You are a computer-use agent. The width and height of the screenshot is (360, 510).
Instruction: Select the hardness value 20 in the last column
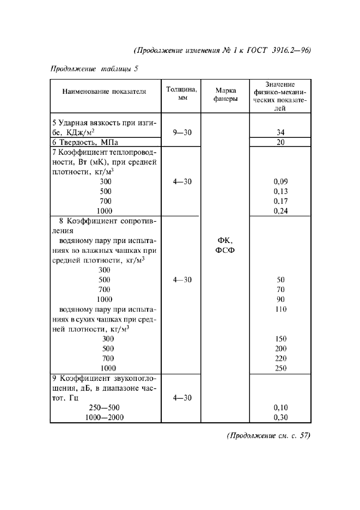coord(280,142)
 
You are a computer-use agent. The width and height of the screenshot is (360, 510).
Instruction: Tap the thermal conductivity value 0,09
coord(280,181)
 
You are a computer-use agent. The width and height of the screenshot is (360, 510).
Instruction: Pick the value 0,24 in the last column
coord(280,211)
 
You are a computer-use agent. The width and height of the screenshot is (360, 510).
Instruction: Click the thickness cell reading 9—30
coord(182,132)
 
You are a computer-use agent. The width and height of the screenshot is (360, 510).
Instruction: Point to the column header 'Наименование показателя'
coord(105,92)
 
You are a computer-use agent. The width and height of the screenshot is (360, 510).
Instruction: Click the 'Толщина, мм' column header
coord(182,92)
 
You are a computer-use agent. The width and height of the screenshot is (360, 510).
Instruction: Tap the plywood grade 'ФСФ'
coord(225,250)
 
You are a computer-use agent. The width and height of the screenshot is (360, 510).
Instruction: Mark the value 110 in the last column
coord(280,309)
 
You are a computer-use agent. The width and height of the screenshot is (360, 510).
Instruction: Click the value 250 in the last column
coord(280,368)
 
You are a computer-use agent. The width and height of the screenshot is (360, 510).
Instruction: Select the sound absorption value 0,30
coord(280,417)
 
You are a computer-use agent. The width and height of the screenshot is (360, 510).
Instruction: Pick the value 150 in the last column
coord(280,338)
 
